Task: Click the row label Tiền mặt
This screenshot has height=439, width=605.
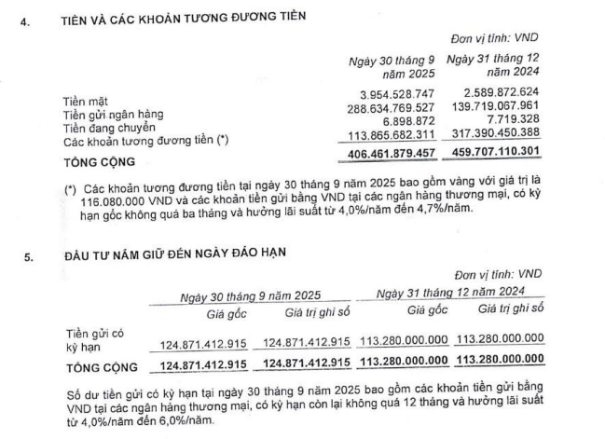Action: point(85,96)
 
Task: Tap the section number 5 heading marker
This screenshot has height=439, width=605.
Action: point(30,253)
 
